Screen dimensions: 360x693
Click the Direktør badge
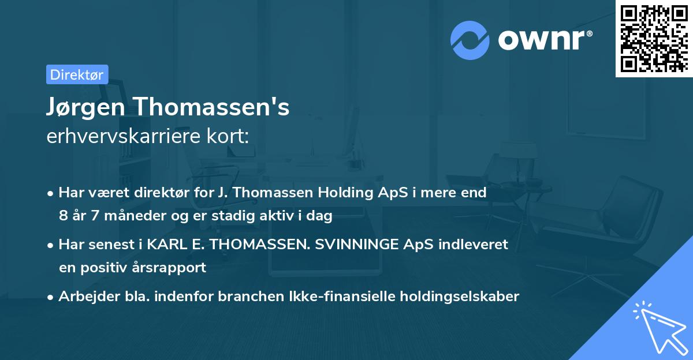click(77, 74)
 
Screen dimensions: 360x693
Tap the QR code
click(653, 39)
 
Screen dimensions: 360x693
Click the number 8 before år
click(62, 216)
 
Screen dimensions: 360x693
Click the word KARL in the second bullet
click(167, 244)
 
